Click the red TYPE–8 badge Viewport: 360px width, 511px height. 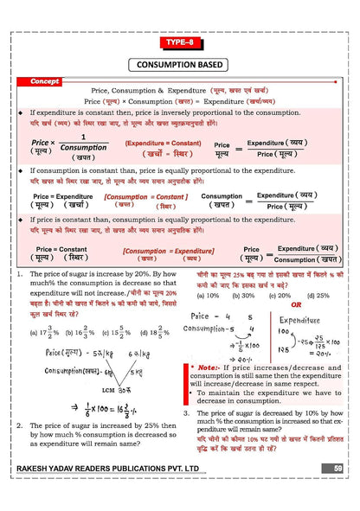pos(179,42)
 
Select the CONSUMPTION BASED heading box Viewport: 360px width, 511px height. pos(179,65)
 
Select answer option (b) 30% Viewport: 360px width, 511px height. pos(240,295)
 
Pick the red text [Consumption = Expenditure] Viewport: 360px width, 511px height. pos(168,252)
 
